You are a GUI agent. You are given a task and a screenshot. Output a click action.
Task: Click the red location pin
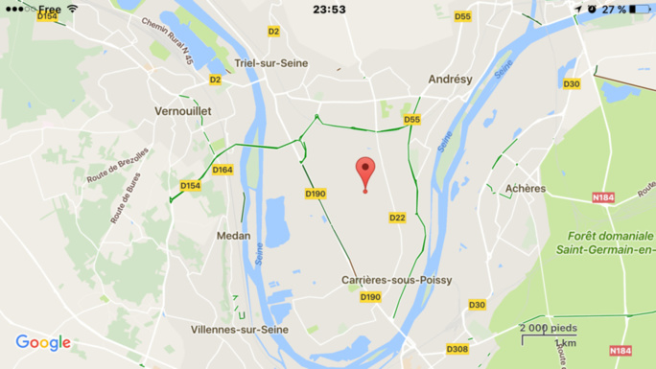[364, 172]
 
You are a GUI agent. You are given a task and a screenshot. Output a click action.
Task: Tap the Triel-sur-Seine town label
[252, 62]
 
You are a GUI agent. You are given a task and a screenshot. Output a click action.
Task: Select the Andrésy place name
[450, 80]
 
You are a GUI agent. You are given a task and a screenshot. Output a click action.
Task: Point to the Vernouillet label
[182, 111]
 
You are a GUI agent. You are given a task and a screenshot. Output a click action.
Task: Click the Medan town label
[233, 236]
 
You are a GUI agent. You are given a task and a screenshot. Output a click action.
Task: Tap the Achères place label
[525, 189]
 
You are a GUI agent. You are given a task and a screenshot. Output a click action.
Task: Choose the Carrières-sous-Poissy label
[396, 280]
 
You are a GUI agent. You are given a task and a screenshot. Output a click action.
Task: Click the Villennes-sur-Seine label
[239, 329]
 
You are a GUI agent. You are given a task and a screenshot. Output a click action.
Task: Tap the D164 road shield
[223, 170]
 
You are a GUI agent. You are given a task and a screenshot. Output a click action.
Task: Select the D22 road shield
[397, 219]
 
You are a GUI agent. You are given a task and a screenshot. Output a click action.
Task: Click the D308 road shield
[457, 349]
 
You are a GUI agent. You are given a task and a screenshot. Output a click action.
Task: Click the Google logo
[43, 343]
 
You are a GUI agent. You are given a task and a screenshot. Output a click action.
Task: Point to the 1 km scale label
[566, 343]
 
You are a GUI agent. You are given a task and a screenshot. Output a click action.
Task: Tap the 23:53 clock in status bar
[329, 10]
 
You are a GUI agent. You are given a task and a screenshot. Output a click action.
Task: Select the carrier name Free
[50, 10]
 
